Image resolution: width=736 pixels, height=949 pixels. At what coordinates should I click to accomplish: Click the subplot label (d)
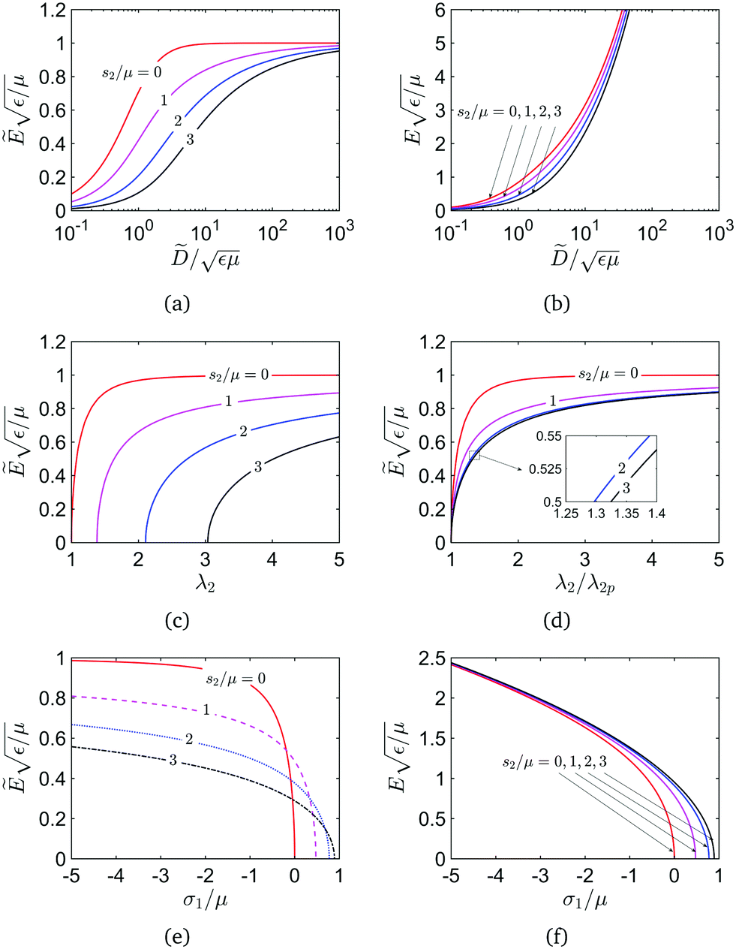pyautogui.click(x=554, y=620)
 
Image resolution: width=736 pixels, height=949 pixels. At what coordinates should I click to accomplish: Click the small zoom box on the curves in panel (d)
pyautogui.click(x=473, y=455)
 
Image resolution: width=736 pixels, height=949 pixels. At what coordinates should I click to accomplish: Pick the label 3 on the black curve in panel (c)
pyautogui.click(x=257, y=467)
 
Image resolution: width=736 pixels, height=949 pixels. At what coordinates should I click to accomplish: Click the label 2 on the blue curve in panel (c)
pyautogui.click(x=244, y=432)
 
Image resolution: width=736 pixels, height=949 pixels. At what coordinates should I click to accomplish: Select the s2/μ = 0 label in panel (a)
pyautogui.click(x=132, y=73)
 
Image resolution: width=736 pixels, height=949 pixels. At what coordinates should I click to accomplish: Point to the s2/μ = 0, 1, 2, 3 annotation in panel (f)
pyautogui.click(x=554, y=762)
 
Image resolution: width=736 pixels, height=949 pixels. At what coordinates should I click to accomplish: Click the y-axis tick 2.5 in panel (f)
pyautogui.click(x=429, y=658)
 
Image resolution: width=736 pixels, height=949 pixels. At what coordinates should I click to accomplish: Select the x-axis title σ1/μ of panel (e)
pyautogui.click(x=205, y=898)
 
